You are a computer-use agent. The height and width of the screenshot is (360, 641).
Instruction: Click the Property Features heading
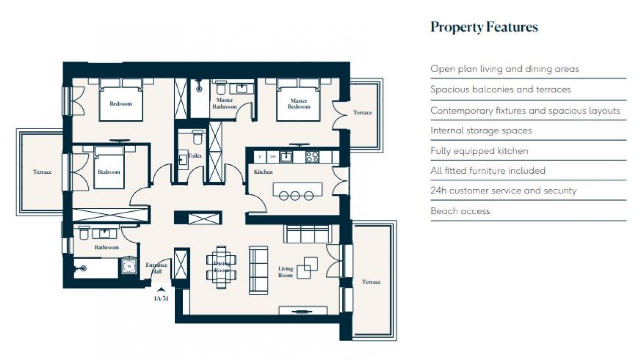(484, 28)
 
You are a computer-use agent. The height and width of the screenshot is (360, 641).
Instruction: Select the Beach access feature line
(460, 211)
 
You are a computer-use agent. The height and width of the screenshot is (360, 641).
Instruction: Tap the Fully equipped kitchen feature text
(479, 151)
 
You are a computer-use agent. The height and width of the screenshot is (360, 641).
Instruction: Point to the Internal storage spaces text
(481, 131)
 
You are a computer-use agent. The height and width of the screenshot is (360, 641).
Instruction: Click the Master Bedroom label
(299, 104)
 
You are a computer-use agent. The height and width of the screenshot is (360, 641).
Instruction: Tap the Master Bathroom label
(225, 103)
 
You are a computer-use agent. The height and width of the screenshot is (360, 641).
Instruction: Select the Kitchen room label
(263, 172)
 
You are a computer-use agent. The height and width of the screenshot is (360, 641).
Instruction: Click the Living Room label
(285, 272)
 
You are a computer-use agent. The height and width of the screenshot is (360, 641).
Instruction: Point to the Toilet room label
(195, 156)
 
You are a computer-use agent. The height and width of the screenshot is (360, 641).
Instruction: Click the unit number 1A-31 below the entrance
(161, 298)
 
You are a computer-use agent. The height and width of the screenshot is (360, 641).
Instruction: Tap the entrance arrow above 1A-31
(161, 289)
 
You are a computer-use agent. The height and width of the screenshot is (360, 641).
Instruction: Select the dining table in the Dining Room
(221, 267)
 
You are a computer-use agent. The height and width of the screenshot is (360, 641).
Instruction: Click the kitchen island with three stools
(297, 191)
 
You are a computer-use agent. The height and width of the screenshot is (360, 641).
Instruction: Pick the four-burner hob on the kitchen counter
(312, 157)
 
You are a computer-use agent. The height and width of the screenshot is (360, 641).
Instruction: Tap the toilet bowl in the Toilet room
(197, 137)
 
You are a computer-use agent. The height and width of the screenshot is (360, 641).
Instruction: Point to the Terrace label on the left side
(43, 172)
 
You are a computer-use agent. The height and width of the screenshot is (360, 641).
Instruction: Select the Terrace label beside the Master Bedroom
(363, 113)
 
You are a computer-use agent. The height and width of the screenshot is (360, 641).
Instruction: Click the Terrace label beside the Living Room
(371, 282)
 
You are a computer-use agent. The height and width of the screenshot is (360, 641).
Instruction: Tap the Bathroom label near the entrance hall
(107, 247)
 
